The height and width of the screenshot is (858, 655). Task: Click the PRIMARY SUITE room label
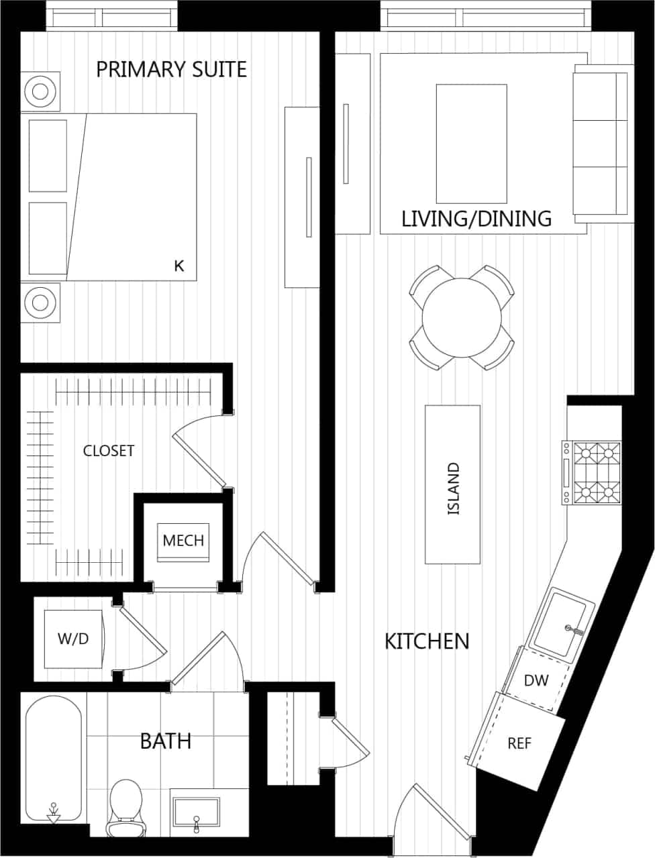point(171,69)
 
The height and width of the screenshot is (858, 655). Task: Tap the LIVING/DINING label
point(476,219)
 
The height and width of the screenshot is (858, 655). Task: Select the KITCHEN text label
point(427,641)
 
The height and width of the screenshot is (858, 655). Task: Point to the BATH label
point(165,741)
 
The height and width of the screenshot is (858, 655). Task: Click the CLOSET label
point(109,451)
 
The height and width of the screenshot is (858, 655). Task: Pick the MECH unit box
point(183,541)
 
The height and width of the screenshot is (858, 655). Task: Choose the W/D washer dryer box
point(73,639)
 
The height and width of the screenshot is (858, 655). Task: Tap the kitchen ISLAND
point(453,484)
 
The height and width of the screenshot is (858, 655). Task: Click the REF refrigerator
point(518,744)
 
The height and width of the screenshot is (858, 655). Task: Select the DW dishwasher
point(536,681)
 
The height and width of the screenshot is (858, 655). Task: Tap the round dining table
point(462,317)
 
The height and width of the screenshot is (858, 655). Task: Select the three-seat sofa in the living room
point(603,142)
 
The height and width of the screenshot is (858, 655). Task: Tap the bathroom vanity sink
point(195,814)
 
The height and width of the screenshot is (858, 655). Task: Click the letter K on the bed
point(179,266)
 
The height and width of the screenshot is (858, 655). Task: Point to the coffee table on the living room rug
point(471,144)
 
